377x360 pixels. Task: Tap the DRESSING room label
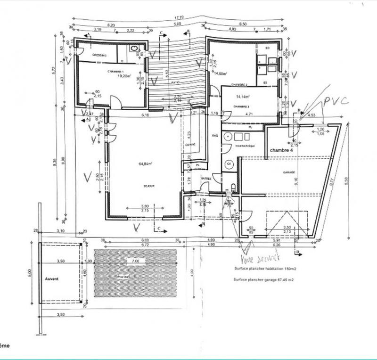point(99,55)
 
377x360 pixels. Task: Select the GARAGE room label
point(289,172)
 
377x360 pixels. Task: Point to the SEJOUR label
point(149,186)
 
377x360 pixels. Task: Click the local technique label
point(245,146)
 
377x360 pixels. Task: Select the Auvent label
point(52,279)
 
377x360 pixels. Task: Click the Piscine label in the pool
point(123,277)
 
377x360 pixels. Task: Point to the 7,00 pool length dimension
point(135,260)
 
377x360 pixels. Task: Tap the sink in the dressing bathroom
point(133,49)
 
